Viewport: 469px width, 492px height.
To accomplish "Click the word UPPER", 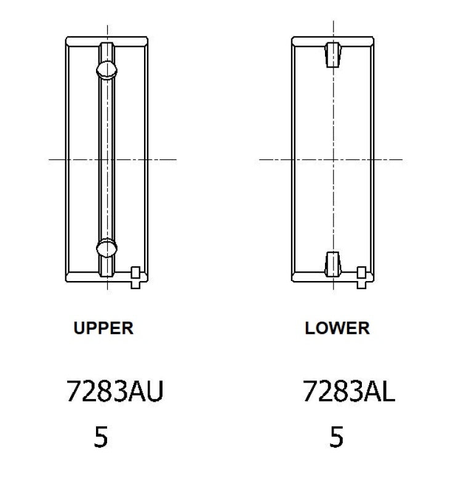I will click(103, 328).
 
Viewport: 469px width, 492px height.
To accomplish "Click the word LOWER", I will click(337, 328).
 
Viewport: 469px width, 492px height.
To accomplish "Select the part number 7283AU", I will click(114, 392).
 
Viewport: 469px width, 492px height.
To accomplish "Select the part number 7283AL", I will click(348, 392).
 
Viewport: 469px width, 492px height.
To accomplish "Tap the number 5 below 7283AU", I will click(101, 437).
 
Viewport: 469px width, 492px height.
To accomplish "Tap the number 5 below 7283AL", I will click(336, 437).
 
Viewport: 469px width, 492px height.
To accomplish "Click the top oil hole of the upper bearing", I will click(106, 69).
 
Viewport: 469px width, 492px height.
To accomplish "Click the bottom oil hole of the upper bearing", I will click(106, 248).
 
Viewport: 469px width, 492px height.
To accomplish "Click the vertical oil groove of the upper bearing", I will click(106, 159).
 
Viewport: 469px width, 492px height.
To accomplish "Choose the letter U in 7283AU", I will click(154, 392).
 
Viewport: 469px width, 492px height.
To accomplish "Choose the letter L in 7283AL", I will click(387, 392).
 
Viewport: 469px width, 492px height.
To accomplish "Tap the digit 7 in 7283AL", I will click(310, 392).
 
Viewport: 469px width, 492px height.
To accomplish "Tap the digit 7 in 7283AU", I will click(74, 392).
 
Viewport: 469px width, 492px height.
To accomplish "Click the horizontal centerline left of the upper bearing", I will click(57, 159).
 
